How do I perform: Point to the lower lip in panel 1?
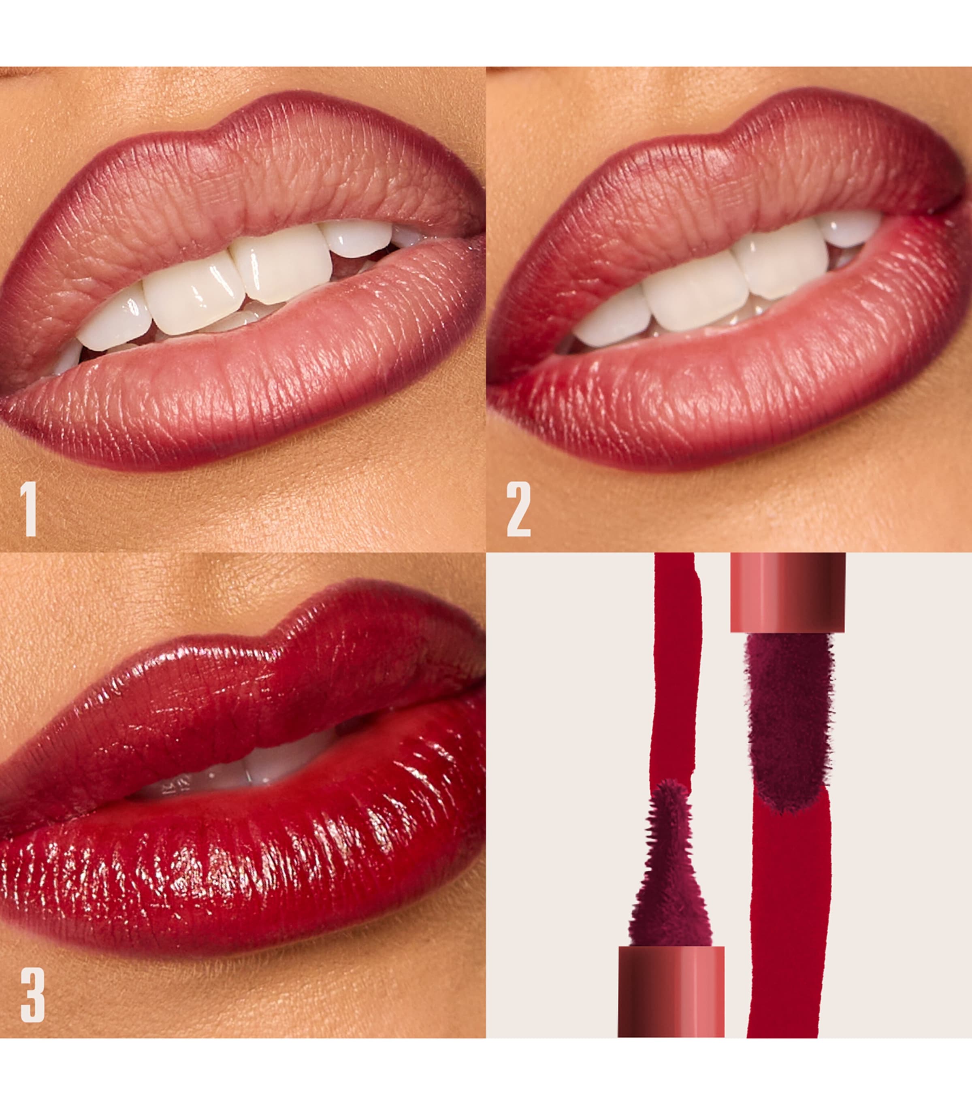coord(243,389)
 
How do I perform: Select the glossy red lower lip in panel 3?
coord(243,865)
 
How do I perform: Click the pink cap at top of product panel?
coord(787,592)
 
